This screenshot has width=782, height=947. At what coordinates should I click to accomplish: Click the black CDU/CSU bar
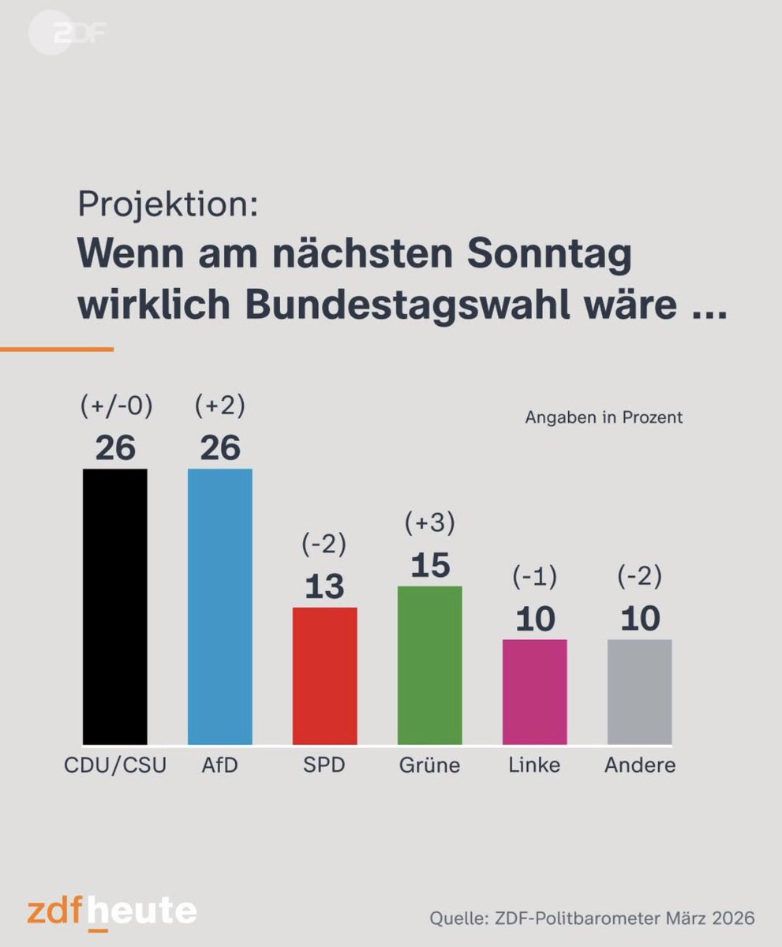[x=115, y=606]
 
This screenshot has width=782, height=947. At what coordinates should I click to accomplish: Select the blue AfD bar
[x=219, y=606]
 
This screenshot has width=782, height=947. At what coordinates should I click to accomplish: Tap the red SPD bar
[x=324, y=676]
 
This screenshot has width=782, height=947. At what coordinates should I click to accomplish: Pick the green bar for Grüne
[x=429, y=664]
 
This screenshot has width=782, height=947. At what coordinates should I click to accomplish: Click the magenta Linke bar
[x=534, y=691]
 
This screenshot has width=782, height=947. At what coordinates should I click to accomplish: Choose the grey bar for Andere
[x=639, y=691]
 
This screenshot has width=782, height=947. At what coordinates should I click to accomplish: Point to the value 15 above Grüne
[x=429, y=565]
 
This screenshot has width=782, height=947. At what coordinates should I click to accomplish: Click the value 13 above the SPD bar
[x=324, y=586]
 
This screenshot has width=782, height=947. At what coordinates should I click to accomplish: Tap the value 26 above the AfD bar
[x=219, y=448]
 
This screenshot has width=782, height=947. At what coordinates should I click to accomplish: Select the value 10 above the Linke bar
[x=534, y=619]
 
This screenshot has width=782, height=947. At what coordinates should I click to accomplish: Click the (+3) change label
[x=429, y=523]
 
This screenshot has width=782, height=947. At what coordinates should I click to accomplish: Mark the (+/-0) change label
[x=115, y=406]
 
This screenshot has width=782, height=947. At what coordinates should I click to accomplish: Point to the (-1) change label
[x=534, y=578]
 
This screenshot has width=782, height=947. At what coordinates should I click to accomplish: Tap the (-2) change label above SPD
[x=324, y=545]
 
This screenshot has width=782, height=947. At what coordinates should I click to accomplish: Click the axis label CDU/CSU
[x=115, y=765]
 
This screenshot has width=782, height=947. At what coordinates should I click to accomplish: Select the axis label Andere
[x=639, y=765]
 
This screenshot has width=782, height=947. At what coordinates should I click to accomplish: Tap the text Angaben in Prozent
[x=604, y=418]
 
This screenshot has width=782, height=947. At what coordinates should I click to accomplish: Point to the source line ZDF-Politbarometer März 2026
[x=592, y=919]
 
